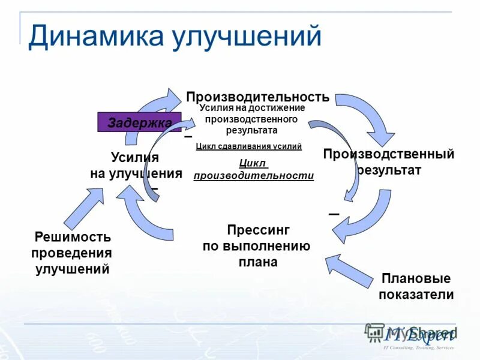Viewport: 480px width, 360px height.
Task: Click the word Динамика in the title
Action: pos(96,37)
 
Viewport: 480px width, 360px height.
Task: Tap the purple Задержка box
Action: pos(139,122)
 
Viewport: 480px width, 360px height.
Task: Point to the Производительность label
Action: pos(257,97)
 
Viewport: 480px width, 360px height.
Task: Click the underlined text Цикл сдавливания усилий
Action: pos(248,146)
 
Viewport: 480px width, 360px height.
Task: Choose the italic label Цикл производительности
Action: pos(253,170)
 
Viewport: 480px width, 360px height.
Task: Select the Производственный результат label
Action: pos(388,162)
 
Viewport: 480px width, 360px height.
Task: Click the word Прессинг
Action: pos(259,230)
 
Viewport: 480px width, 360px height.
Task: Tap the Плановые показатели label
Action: pos(416,287)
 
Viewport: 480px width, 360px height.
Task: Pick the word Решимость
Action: pos(72,237)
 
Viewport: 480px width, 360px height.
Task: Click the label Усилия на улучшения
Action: pos(136,166)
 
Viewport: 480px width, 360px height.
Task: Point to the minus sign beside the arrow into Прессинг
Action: pos(334,214)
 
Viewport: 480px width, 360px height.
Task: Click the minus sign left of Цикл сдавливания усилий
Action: pos(188,137)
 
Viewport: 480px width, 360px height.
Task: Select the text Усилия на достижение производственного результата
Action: pos(252,119)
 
